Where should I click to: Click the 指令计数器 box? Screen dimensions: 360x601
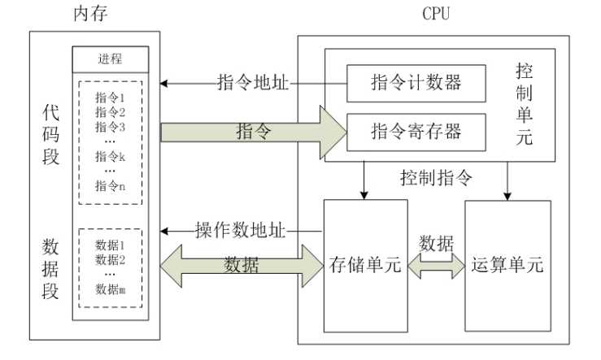pos(416,83)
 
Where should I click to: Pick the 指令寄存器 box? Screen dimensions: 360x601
pos(416,129)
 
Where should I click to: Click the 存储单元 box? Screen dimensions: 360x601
pos(365,265)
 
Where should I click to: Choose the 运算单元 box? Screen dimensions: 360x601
pos(506,265)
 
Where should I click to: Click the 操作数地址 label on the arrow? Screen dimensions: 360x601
pos(241,230)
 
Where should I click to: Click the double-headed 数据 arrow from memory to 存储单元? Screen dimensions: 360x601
pos(242,264)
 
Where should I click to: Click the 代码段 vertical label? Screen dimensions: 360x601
pos(51,134)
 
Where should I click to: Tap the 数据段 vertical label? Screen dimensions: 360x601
pos(51,268)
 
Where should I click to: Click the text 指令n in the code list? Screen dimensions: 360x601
pos(110,186)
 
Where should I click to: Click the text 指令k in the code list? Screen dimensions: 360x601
pos(110,156)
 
